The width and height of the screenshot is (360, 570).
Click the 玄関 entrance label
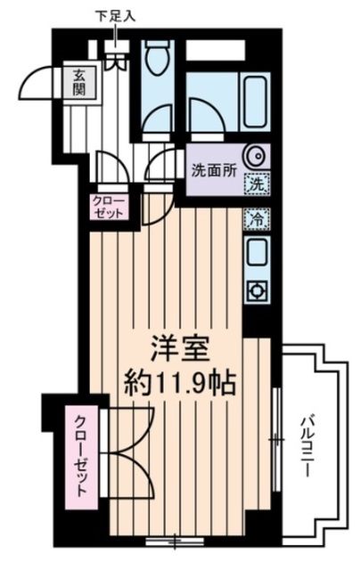pyautogui.click(x=78, y=83)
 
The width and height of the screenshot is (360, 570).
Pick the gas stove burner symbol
pyautogui.click(x=257, y=290)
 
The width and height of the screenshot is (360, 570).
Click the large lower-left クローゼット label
pyautogui.click(x=81, y=457)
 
